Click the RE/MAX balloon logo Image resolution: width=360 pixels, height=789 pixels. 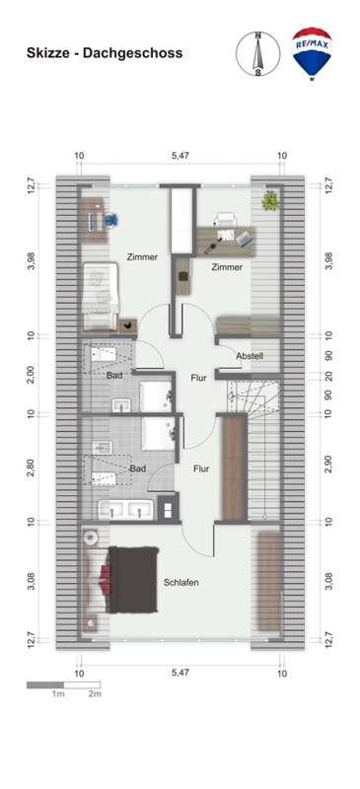(312, 53)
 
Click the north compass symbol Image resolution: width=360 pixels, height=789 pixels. (257, 54)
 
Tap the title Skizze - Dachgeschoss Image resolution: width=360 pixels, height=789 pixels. (105, 53)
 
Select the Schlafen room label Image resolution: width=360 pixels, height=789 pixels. (180, 582)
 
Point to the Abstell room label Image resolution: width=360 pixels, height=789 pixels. (250, 356)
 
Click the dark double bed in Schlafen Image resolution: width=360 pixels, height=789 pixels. (134, 580)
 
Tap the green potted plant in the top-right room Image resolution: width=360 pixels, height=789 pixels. (270, 200)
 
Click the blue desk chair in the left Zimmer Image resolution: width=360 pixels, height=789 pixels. (111, 220)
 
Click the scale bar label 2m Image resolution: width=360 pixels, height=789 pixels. (95, 694)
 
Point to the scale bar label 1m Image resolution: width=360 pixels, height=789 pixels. (58, 694)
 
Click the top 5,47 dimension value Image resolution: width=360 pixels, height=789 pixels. (180, 156)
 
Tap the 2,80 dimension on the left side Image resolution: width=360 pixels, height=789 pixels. (32, 466)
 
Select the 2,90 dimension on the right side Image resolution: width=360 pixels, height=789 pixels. (328, 466)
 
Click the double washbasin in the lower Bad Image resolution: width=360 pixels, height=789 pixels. (125, 510)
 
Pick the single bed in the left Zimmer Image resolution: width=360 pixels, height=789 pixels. (101, 297)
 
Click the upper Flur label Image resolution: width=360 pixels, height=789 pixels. (198, 378)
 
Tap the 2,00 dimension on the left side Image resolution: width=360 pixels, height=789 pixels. (32, 374)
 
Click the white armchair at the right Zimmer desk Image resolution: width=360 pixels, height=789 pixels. (226, 220)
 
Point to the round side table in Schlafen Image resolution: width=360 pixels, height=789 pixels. (91, 538)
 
